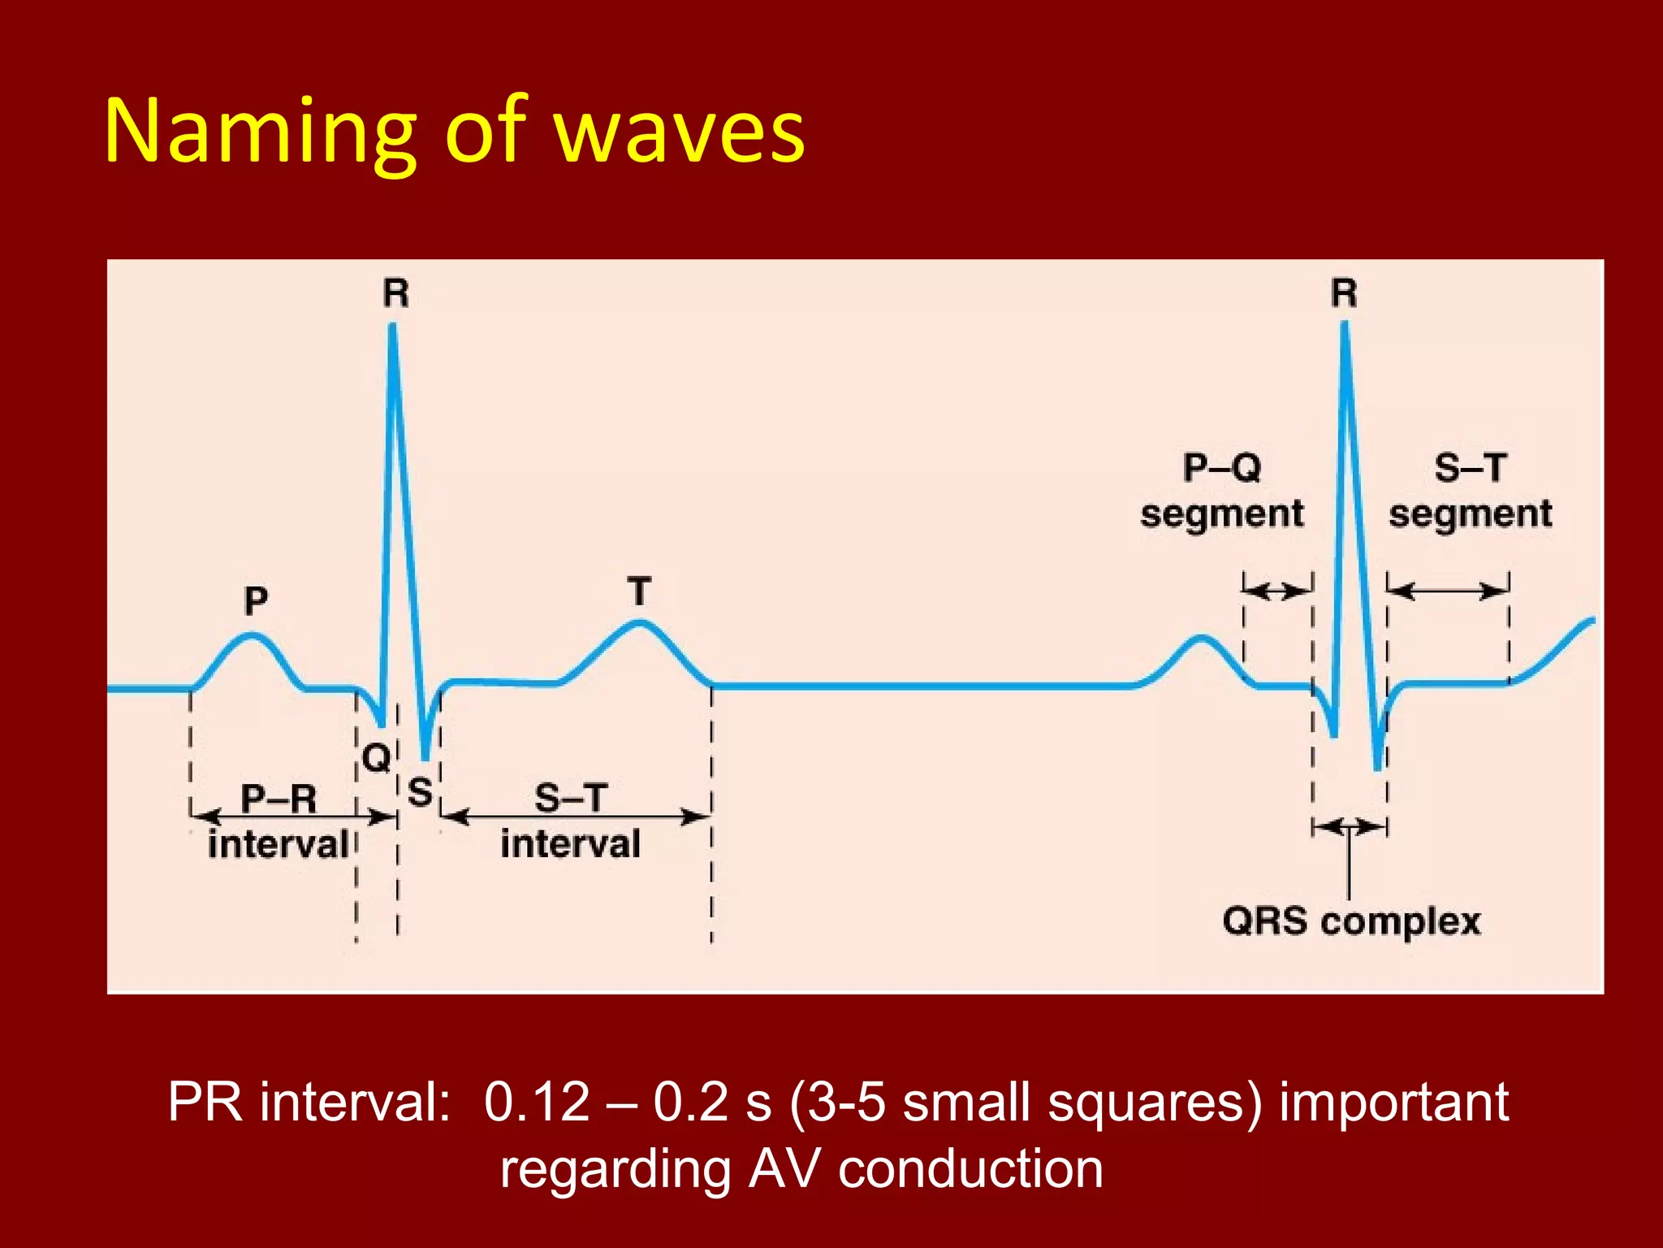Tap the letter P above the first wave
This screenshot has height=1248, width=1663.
(x=256, y=601)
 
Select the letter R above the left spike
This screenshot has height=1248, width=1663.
(x=396, y=293)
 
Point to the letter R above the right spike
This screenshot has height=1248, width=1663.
(x=1344, y=293)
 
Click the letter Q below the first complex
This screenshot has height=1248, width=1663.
(x=377, y=758)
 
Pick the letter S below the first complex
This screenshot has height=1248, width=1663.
(x=420, y=791)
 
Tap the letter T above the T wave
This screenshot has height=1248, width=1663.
(x=639, y=591)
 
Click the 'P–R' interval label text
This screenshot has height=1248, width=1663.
(x=279, y=798)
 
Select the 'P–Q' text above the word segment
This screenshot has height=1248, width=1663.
(x=1222, y=468)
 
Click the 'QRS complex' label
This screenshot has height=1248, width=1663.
(x=1351, y=921)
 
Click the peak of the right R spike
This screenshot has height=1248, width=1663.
(x=1345, y=324)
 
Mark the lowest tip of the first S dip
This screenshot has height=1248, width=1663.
(x=425, y=759)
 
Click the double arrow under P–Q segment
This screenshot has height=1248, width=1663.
(x=1278, y=591)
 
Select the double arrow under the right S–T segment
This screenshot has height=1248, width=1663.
(x=1448, y=591)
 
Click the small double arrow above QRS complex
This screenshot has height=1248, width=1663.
(x=1350, y=827)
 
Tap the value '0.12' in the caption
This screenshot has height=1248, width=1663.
(x=537, y=1103)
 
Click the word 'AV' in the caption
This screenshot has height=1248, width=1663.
(x=784, y=1170)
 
